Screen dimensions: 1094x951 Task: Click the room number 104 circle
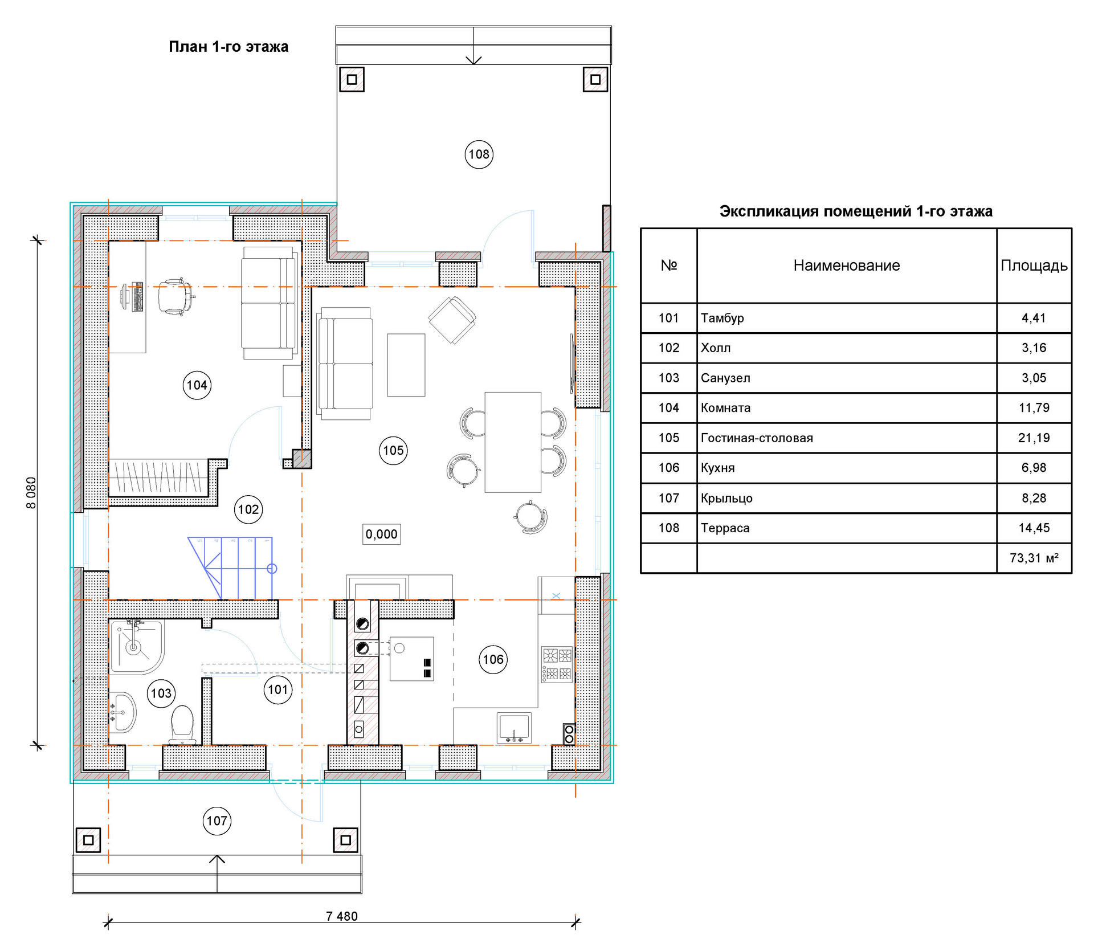point(197,385)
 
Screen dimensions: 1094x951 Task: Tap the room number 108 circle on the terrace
point(479,154)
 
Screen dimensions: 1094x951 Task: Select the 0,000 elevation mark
point(382,534)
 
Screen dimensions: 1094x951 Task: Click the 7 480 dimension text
point(342,916)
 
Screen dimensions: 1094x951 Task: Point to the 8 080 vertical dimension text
point(31,493)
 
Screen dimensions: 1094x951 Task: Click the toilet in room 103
point(183,725)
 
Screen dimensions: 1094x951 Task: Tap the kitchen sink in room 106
point(515,728)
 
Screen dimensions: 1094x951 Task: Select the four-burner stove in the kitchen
point(557,664)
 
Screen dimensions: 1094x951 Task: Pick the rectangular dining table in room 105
point(513,442)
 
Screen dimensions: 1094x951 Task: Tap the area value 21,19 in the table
point(1034,438)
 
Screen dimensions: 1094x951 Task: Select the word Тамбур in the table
point(722,318)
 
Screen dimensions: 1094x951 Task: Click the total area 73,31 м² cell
point(1034,558)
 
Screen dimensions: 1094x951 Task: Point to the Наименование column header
point(847,266)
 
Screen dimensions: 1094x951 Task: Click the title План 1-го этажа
point(228,47)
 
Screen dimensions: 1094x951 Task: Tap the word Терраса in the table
point(725,528)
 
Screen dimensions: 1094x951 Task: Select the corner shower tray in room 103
point(137,647)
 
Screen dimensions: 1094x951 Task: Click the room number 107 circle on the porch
point(217,821)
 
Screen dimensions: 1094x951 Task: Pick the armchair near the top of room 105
point(452,320)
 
